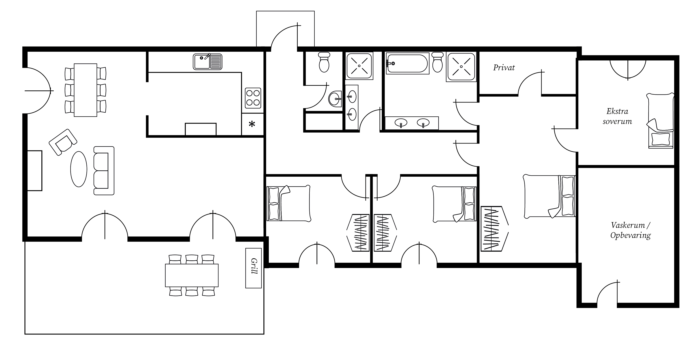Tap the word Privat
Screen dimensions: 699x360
point(504,68)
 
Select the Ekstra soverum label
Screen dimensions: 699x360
point(617,116)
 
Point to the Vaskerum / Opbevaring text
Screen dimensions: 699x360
point(631,230)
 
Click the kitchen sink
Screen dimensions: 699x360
point(207,62)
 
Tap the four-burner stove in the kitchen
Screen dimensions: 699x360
point(253,98)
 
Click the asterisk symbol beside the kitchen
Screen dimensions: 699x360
point(252,124)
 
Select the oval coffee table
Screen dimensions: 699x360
point(79,169)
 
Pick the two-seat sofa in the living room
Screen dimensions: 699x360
point(104,171)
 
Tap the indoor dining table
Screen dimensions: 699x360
point(86,90)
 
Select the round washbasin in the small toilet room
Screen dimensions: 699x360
point(335,99)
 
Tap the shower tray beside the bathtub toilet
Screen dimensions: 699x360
point(461,67)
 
